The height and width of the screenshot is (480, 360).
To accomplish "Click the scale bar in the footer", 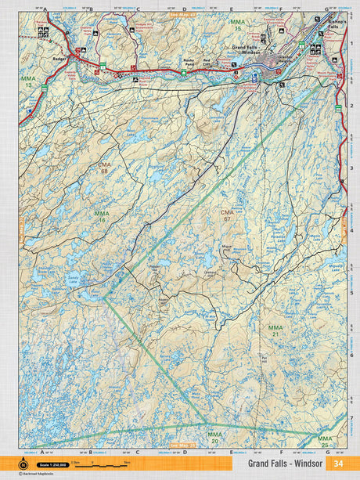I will [103, 464].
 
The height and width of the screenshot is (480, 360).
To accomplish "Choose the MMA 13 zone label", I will [29, 81].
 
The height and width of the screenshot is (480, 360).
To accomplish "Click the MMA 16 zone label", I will [102, 217].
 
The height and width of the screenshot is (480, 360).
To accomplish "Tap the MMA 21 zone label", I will [275, 330].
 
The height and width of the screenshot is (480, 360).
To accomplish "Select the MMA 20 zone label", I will [214, 437].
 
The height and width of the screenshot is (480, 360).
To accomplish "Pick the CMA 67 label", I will [227, 216].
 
